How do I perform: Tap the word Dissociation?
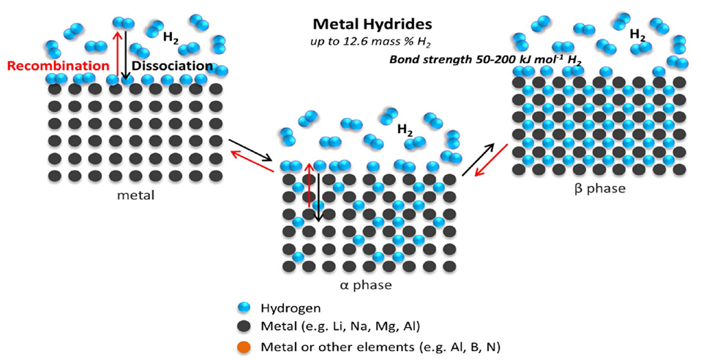[172, 66]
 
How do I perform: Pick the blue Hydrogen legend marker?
[244, 309]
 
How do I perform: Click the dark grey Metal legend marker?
[244, 326]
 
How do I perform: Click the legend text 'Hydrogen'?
[291, 309]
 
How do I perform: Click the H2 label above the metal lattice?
[170, 39]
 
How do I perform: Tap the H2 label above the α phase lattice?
[404, 130]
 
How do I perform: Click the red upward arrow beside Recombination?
[115, 48]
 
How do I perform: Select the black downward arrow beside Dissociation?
[126, 51]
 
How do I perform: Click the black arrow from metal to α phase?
[250, 149]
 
